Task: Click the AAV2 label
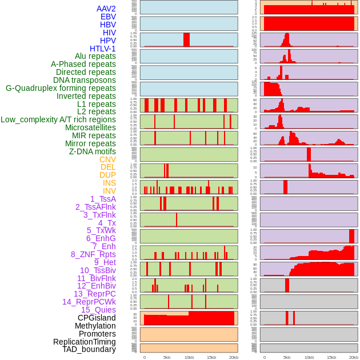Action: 106,9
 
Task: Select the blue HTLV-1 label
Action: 103,49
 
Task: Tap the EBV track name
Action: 108,17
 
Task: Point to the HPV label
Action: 108,41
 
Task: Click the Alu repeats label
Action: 95,56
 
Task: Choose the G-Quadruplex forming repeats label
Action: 61,88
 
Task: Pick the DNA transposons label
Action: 85,80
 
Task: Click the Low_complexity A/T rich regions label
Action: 58,119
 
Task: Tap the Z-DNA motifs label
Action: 93,151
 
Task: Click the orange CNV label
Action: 107,159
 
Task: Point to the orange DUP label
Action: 107,175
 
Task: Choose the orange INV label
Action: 109,191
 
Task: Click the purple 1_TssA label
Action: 103,199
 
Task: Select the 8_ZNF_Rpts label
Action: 93,254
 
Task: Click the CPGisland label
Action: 97,318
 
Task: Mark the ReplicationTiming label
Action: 85,342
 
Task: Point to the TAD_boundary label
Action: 89,349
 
